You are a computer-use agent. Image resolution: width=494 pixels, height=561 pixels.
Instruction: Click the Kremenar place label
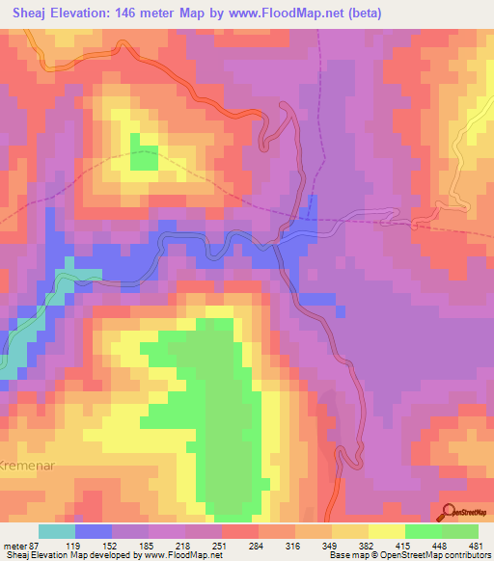tap(19, 451)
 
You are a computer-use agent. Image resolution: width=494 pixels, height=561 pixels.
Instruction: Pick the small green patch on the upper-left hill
tap(144, 158)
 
